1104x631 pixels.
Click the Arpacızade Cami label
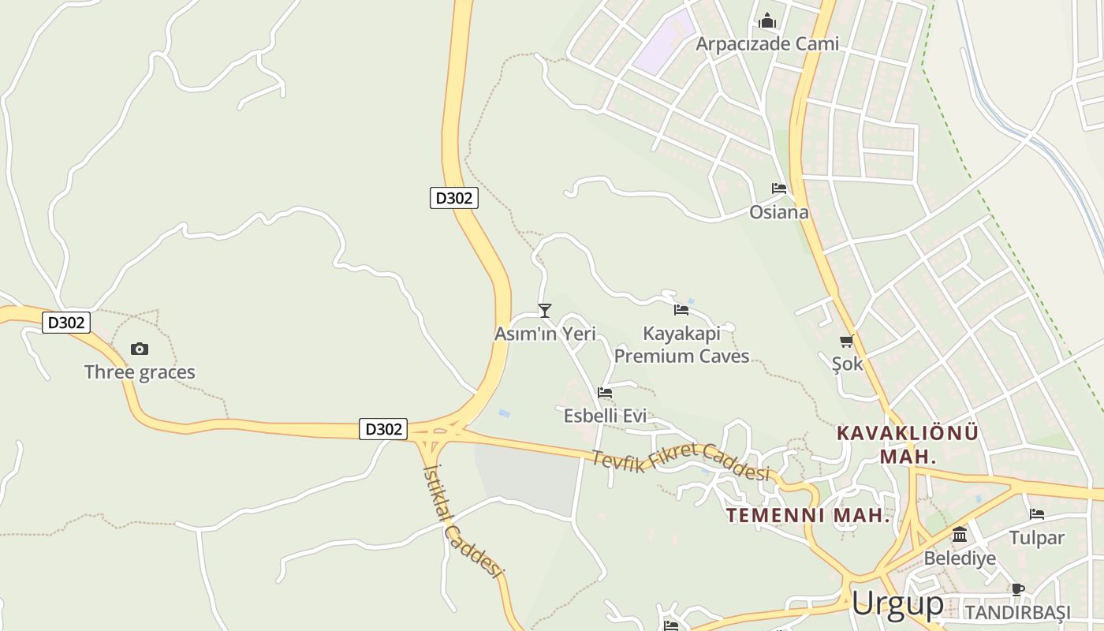tap(766, 43)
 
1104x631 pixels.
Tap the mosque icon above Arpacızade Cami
tap(767, 21)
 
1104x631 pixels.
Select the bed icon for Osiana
tap(779, 189)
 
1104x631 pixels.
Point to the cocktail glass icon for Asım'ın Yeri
tap(544, 311)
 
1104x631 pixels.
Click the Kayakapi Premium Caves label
tap(681, 345)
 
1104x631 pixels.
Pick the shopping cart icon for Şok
tap(847, 342)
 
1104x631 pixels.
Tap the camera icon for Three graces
tap(140, 349)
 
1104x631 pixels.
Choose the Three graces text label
tap(140, 372)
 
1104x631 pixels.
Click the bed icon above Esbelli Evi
tap(605, 392)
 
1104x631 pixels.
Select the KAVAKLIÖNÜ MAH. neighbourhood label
tap(908, 444)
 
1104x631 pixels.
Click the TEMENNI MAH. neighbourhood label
tap(807, 516)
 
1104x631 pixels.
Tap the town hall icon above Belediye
tap(960, 535)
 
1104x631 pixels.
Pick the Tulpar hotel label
tap(1036, 538)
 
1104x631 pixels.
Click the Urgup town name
tap(897, 604)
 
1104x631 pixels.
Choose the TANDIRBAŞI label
tap(1017, 613)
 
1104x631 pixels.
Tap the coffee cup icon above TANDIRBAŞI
tap(1017, 589)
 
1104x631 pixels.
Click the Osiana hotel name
tap(778, 212)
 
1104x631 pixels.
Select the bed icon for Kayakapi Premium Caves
tap(681, 310)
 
